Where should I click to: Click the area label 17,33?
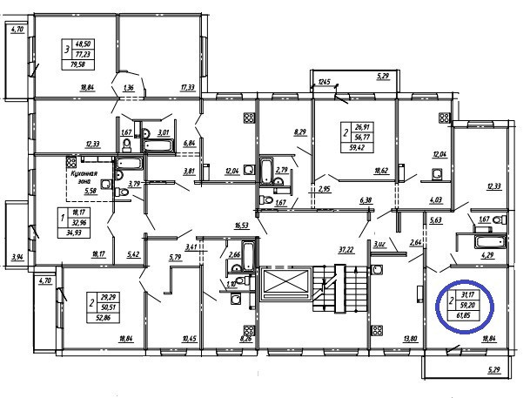187,88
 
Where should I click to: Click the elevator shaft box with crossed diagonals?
285,286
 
